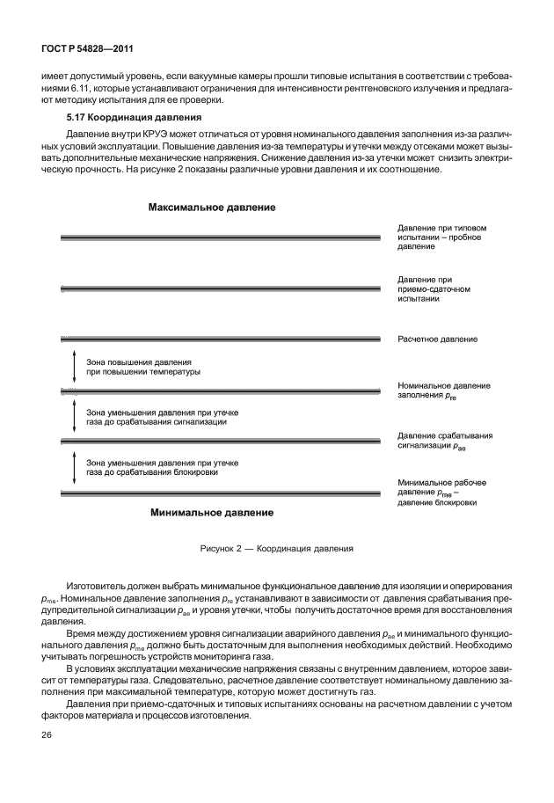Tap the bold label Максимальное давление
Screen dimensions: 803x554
(x=212, y=208)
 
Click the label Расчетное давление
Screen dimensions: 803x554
(x=437, y=339)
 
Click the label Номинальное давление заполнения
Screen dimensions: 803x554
(x=443, y=391)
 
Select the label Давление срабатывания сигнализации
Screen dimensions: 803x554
(x=444, y=441)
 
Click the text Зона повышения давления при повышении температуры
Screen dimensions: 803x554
(x=143, y=367)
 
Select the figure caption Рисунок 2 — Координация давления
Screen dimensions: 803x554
(x=277, y=547)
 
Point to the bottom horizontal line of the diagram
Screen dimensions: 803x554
(x=220, y=493)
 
